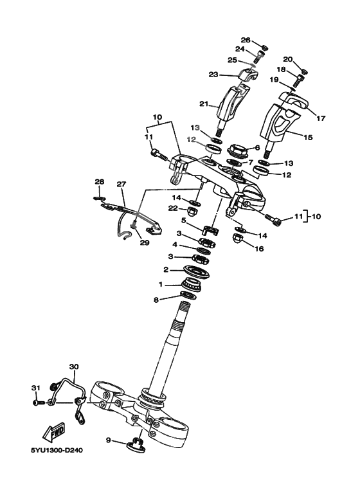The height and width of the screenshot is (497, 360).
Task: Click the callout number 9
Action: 108,440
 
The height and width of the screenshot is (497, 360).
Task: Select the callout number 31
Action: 36,388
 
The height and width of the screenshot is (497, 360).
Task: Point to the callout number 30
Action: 74,367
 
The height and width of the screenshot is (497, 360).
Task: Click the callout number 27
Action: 121,185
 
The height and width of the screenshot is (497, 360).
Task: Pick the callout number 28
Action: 99,182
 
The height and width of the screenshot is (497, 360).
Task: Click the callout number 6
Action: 256,147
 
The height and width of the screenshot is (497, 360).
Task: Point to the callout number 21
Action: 204,104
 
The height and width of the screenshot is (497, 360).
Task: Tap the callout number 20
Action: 288,60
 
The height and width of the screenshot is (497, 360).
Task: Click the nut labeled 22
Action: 191,210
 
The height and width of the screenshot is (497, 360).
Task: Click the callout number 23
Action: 213,74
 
